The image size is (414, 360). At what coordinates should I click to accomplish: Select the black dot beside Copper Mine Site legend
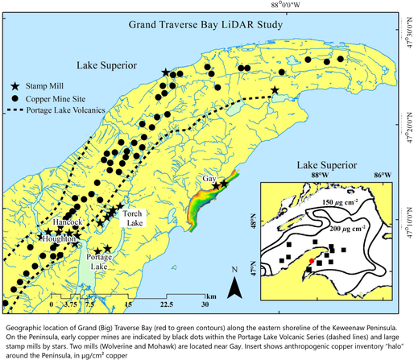coord(16,97)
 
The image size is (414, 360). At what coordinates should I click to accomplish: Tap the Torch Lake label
coord(132,219)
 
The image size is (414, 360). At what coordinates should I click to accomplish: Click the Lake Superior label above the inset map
coord(335,159)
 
